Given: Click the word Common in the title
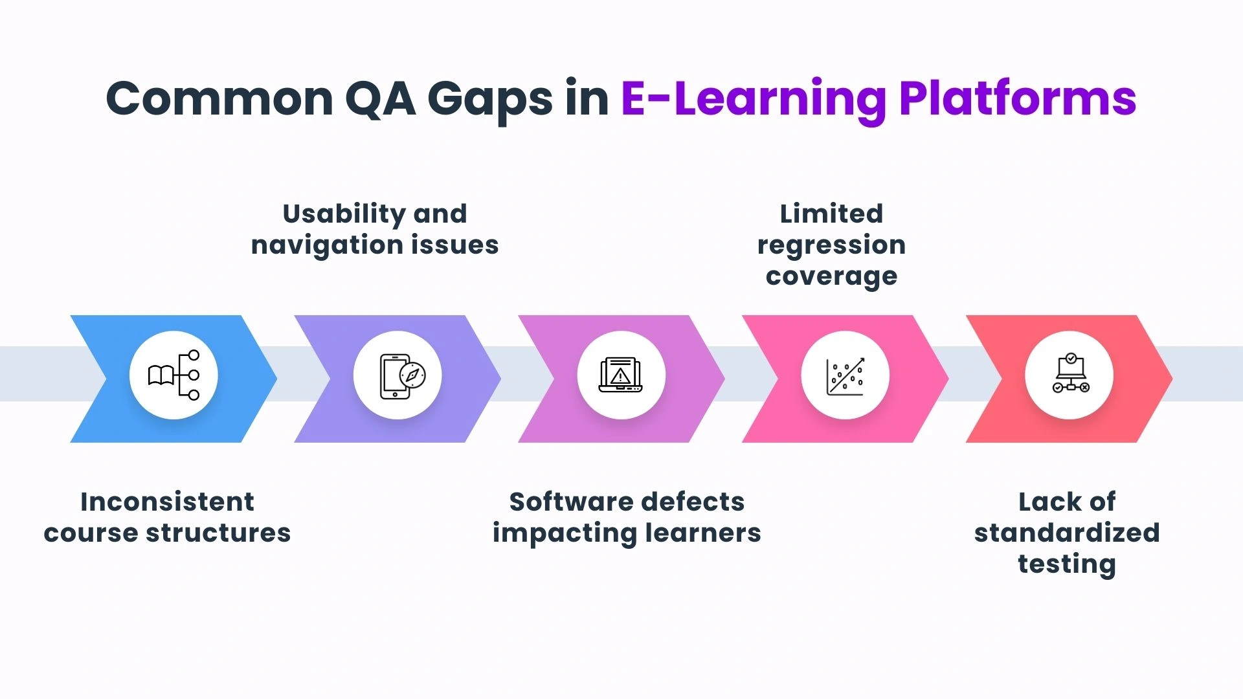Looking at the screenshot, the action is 219,99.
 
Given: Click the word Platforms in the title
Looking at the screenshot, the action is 1018,99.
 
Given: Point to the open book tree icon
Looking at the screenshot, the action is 174,375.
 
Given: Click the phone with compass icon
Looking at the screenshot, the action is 398,375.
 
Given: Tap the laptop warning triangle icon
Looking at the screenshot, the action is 621,375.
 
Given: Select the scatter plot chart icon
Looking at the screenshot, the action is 845,375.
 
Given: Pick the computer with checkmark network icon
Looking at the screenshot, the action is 1069,375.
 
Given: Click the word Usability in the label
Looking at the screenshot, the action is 342,214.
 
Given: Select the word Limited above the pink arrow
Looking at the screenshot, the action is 831,214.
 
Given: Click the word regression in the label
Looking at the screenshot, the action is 831,245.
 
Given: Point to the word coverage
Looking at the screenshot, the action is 831,276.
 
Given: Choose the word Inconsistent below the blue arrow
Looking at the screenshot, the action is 167,502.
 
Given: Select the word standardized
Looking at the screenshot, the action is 1067,533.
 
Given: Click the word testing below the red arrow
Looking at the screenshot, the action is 1067,564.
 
